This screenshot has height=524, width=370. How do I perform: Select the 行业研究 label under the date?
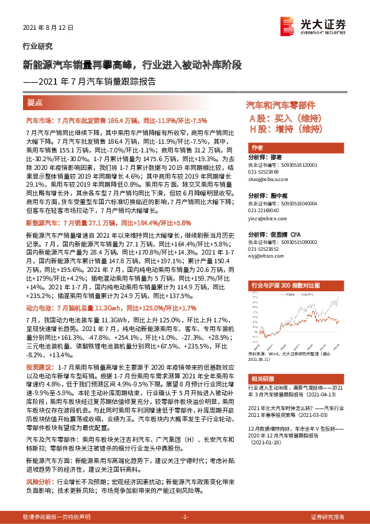pyautogui.click(x=37, y=46)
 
